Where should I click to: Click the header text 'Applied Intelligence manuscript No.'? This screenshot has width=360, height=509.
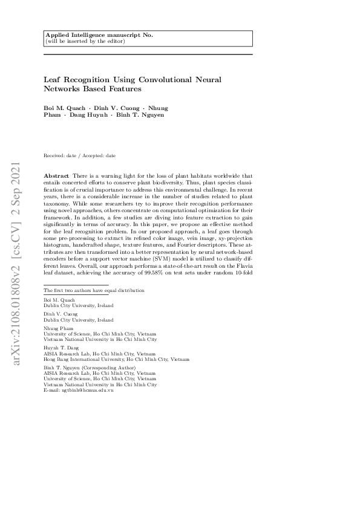99,35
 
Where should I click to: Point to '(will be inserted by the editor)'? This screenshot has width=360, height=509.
85,41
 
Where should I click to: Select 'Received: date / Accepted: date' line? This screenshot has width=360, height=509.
80,156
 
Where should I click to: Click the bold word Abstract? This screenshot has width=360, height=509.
56,175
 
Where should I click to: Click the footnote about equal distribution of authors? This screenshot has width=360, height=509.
94,291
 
